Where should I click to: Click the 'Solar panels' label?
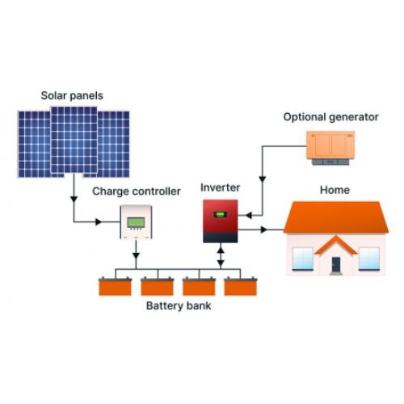tap(73, 96)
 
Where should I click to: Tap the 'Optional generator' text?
tap(330, 117)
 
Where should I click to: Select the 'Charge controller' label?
tap(135, 191)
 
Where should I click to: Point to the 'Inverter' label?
tap(221, 187)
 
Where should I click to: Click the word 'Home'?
tap(335, 191)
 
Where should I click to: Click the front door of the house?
tap(336, 264)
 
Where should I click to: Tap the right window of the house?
tap(368, 258)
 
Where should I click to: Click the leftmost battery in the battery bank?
tap(113, 287)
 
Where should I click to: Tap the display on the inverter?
tap(219, 214)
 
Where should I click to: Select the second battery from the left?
tap(155, 287)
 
